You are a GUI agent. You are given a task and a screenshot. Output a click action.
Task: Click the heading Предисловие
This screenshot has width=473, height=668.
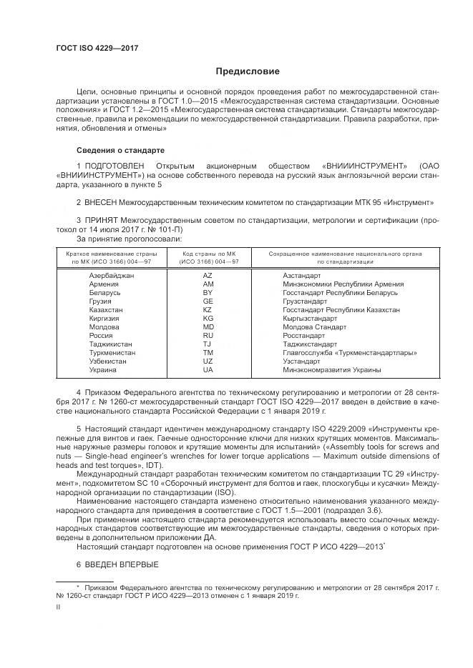(x=248, y=71)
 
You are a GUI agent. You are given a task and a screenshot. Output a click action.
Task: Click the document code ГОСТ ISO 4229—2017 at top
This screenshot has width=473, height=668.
(x=97, y=48)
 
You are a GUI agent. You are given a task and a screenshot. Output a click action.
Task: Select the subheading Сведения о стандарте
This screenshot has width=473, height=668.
(x=120, y=151)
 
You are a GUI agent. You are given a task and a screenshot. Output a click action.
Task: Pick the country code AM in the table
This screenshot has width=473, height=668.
(x=208, y=284)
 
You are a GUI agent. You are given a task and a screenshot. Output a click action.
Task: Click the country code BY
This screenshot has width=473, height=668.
(x=208, y=293)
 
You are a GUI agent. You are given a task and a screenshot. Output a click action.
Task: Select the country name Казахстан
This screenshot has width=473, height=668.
(x=105, y=310)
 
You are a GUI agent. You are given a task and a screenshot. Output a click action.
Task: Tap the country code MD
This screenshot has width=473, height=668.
(x=208, y=327)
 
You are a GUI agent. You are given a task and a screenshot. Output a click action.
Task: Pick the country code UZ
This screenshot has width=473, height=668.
(x=208, y=362)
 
